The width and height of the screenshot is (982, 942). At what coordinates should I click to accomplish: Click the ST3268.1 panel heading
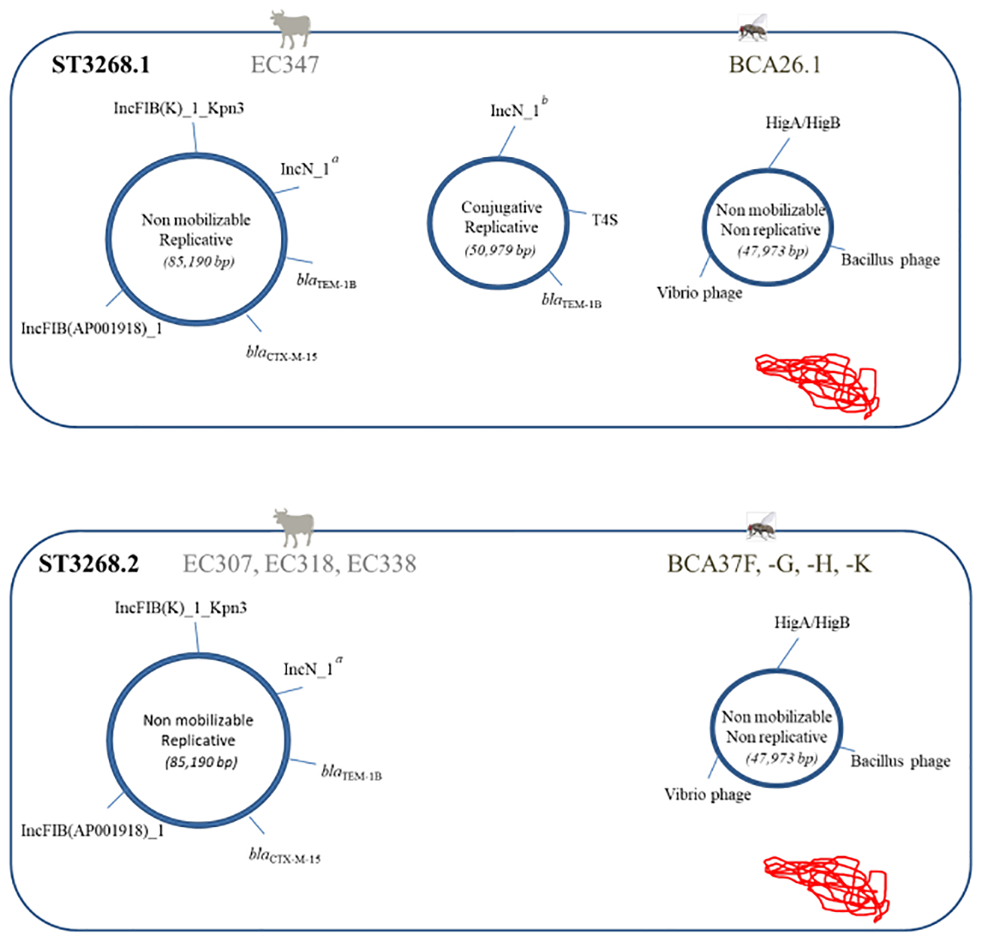(x=101, y=65)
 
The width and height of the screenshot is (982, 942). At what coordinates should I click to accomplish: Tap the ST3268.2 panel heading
(x=88, y=564)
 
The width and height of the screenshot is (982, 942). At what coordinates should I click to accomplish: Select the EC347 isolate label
(x=284, y=65)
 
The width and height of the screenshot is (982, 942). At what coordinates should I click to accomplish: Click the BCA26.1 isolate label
(x=774, y=65)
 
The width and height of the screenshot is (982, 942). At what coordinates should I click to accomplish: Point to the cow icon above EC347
(x=290, y=29)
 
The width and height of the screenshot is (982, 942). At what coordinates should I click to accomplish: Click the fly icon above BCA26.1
(x=754, y=28)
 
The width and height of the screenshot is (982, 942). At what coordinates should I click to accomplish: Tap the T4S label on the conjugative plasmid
(x=604, y=220)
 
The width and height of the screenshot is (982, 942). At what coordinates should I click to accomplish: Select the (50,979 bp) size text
(x=500, y=249)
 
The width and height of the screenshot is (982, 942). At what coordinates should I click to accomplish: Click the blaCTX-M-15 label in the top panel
(x=281, y=354)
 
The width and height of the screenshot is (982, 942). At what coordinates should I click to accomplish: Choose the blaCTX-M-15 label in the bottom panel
(x=284, y=855)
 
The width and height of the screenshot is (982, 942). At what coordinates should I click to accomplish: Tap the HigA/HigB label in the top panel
(x=802, y=122)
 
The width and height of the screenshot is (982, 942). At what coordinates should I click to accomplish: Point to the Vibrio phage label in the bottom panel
(x=707, y=794)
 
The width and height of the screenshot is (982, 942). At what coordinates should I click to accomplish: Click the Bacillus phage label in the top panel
(x=890, y=260)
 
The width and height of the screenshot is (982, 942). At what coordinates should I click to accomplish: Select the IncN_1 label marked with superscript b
(x=516, y=110)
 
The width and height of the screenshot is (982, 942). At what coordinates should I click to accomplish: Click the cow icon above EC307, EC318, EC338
(x=293, y=527)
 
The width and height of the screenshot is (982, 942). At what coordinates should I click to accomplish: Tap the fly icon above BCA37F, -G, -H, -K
(x=761, y=525)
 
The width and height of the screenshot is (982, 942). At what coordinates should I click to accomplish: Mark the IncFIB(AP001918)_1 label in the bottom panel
(x=92, y=830)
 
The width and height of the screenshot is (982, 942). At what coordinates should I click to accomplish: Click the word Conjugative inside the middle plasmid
(x=501, y=207)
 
